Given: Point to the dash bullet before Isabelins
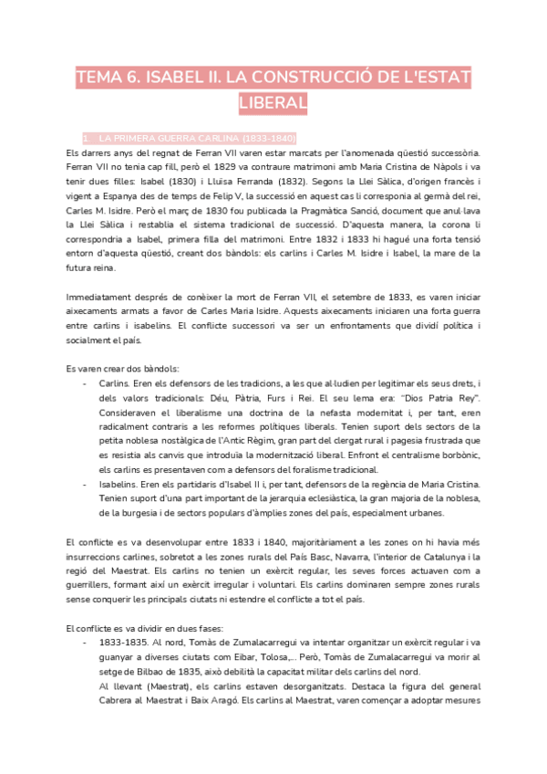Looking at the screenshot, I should click(85, 486).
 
